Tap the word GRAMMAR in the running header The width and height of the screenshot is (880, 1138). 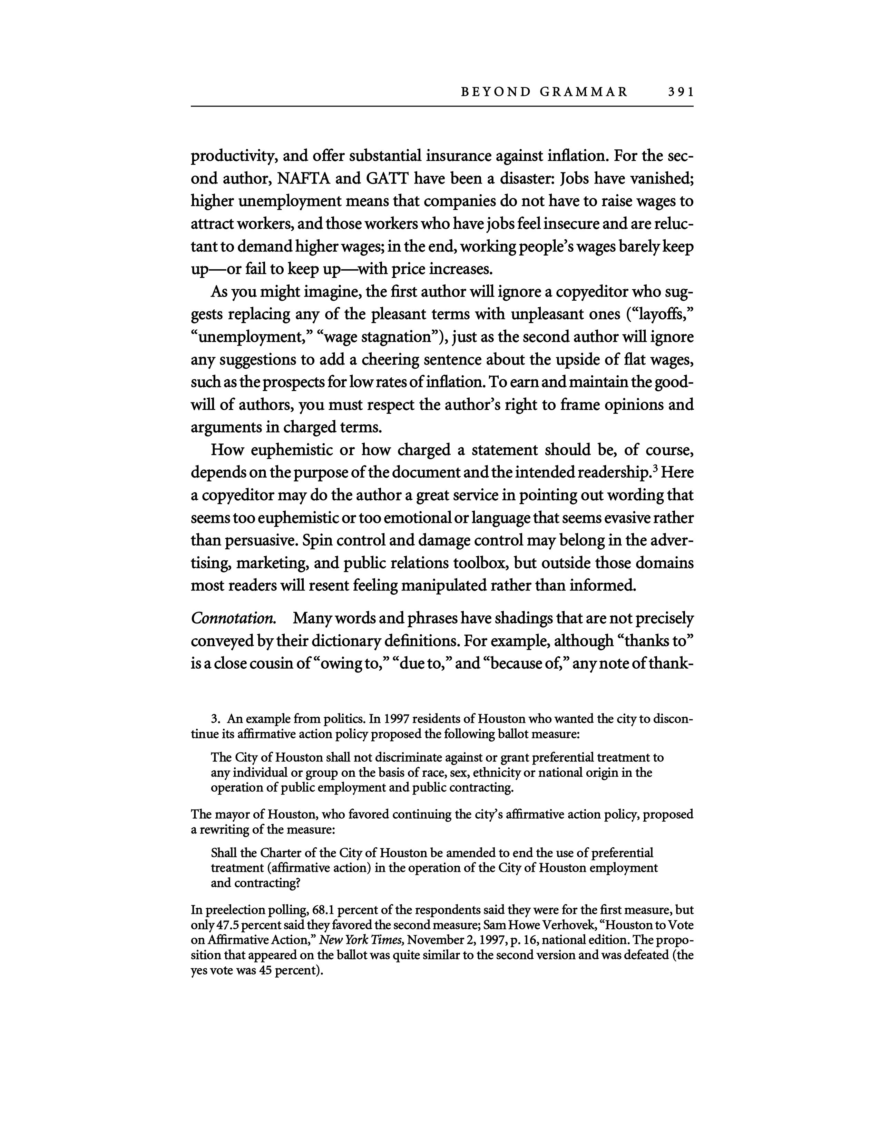click(x=584, y=92)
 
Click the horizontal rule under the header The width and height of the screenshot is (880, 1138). click(x=442, y=106)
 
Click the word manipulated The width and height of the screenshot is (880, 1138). click(x=439, y=586)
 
